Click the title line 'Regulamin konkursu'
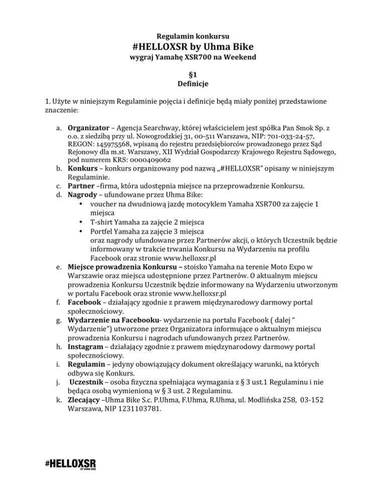(193, 36)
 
